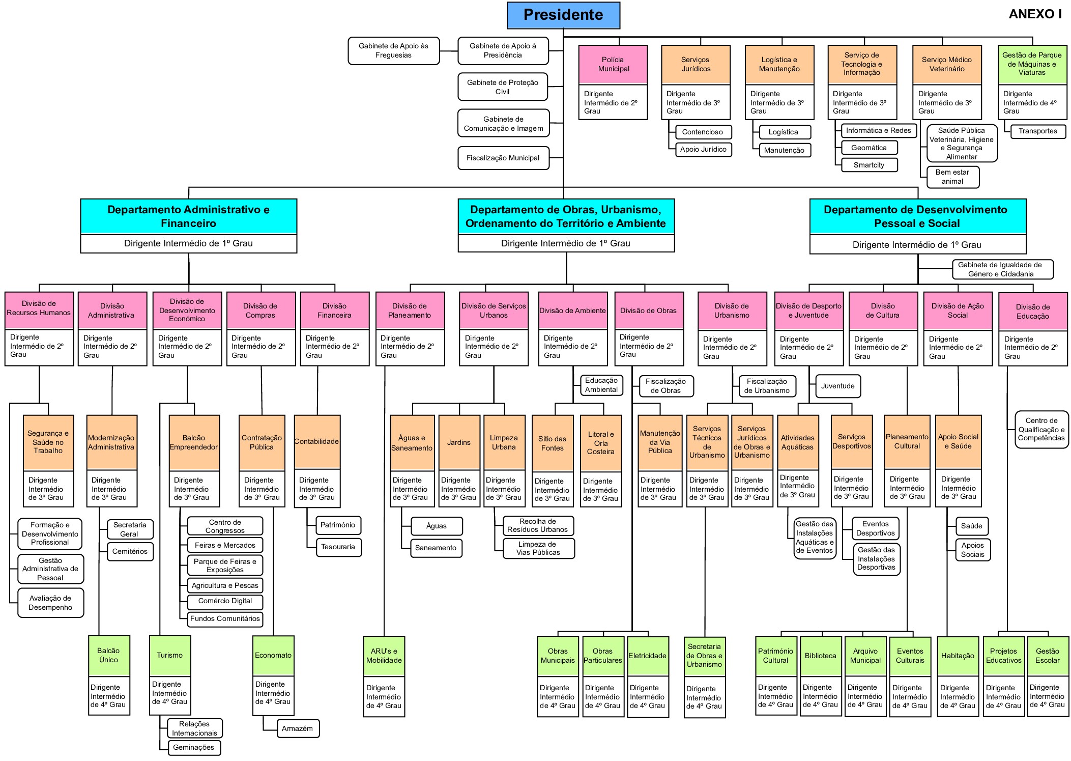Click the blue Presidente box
coord(563,15)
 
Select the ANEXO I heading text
coord(1035,14)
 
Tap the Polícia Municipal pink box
coord(613,65)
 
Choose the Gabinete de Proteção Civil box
coord(503,87)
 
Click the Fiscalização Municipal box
coord(503,158)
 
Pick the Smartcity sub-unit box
coord(869,165)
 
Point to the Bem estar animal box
coord(952,177)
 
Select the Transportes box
coord(1037,131)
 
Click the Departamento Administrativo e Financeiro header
coord(189,216)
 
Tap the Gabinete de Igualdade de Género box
coord(1002,269)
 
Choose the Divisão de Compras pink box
coord(260,310)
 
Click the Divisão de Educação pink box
coord(1033,311)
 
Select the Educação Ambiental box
coord(601,385)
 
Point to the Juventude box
coord(837,386)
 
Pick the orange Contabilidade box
coord(317,441)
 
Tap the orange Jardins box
coord(459,442)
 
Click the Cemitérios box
coord(130,551)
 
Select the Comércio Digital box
coord(225,601)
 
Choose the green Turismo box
coord(170,655)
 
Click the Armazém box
coord(298,728)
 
